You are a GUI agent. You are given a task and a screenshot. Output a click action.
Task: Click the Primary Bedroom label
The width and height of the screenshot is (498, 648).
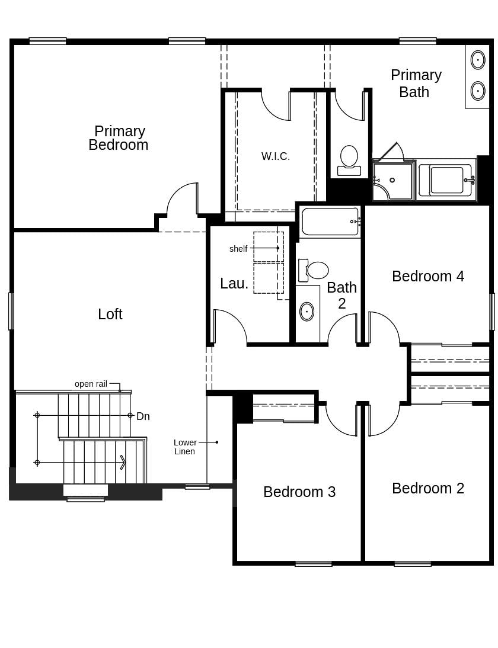pos(119,138)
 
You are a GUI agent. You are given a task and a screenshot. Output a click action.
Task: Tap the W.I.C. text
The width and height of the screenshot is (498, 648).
pos(276,156)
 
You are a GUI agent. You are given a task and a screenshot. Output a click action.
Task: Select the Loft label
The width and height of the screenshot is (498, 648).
pos(110,315)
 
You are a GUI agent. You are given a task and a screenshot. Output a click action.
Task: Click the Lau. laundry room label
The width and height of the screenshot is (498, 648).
pos(234,284)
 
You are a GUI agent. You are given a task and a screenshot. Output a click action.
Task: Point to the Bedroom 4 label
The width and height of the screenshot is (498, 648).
pos(428,277)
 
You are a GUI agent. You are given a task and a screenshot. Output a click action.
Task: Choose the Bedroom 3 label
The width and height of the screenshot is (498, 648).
pos(299,492)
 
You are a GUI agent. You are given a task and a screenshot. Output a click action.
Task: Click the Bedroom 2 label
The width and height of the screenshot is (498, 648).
pos(428,489)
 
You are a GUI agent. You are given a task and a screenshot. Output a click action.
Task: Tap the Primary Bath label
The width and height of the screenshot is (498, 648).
pos(416,84)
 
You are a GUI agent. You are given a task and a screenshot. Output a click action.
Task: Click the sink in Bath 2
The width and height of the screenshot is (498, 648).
pos(307,311)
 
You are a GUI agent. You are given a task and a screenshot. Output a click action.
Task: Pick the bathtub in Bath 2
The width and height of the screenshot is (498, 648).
pos(330,222)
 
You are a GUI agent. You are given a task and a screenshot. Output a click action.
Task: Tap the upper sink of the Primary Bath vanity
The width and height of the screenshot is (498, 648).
pos(478,60)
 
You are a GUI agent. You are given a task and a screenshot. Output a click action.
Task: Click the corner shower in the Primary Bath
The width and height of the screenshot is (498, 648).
pos(392,181)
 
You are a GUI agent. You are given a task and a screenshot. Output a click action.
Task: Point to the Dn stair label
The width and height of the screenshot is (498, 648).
pos(143,416)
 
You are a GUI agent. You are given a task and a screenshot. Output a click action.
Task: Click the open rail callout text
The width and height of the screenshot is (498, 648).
pos(91,384)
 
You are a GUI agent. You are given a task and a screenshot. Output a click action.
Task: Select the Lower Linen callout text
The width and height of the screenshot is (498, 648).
pos(185,447)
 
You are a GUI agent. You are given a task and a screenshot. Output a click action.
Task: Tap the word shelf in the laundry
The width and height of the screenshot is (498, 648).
pos(238,249)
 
